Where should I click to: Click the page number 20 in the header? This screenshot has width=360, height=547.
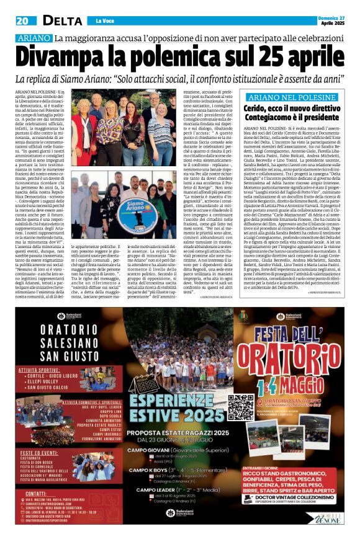pos(24,21)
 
